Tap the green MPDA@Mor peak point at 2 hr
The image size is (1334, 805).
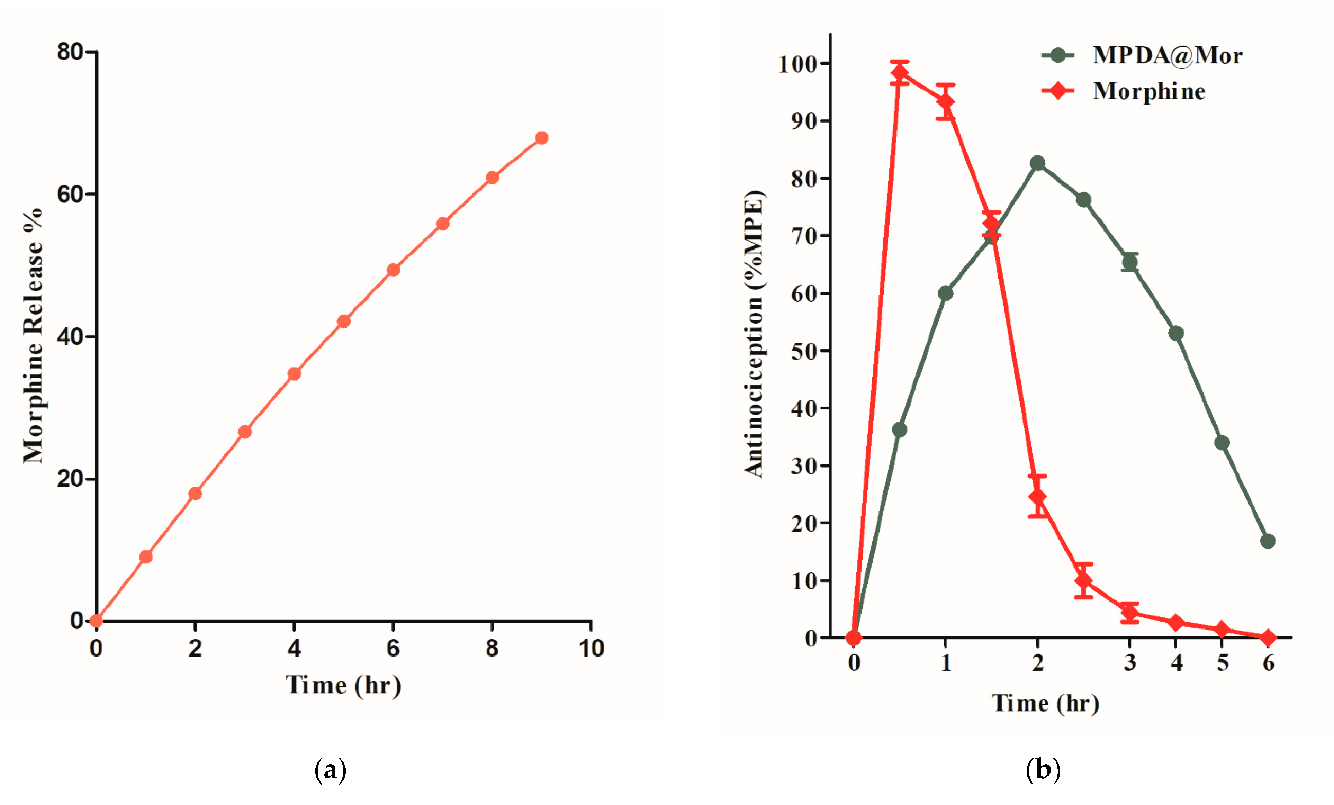point(1038,163)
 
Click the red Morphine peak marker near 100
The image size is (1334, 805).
point(899,73)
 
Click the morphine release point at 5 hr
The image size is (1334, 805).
point(344,322)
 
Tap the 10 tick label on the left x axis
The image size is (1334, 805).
point(591,648)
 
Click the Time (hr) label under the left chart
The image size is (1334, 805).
point(343,685)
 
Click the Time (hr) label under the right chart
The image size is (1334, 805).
point(1045,703)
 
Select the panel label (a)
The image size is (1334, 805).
point(330,769)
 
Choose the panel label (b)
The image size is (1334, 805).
point(1043,769)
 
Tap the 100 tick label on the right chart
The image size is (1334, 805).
point(796,64)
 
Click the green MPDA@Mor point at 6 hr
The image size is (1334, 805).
point(1268,541)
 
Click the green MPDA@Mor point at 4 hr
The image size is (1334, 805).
point(1176,333)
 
